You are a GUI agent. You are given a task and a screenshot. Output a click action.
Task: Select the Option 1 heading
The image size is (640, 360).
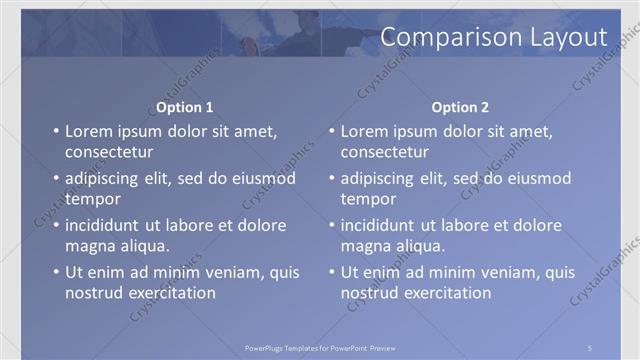pyautogui.click(x=185, y=107)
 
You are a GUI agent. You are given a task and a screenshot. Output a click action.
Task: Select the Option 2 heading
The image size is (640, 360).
pyautogui.click(x=460, y=107)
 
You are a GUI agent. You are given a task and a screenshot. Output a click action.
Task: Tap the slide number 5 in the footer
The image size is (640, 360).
pyautogui.click(x=591, y=347)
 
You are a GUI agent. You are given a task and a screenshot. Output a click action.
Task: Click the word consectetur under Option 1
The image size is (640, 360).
pyautogui.click(x=109, y=153)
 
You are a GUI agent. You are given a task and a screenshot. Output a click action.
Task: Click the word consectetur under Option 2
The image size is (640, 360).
pyautogui.click(x=385, y=153)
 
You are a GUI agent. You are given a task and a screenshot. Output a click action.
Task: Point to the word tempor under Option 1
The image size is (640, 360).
pyautogui.click(x=92, y=199)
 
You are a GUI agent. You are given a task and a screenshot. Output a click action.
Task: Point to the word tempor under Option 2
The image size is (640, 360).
pyautogui.click(x=368, y=199)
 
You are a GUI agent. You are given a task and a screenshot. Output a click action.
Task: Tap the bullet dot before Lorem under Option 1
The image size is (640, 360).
pyautogui.click(x=56, y=131)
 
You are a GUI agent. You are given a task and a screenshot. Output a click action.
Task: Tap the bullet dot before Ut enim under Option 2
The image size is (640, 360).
pyautogui.click(x=331, y=272)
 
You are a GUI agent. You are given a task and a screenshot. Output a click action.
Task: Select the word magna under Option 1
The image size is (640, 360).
pyautogui.click(x=89, y=246)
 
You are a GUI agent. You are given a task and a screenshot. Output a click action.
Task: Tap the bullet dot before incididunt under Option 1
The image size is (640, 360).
pyautogui.click(x=56, y=225)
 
